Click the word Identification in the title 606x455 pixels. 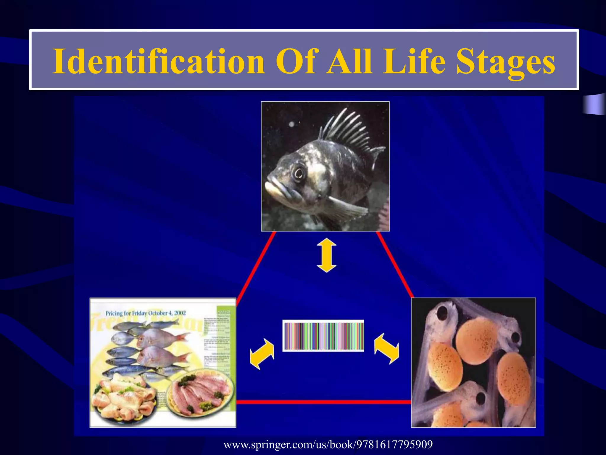coord(158,61)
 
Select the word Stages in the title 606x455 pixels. coord(505,61)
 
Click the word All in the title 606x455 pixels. coord(349,61)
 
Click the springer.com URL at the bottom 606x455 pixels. coord(328,444)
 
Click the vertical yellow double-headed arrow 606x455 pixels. coord(326,255)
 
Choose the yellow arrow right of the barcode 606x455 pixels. coord(386,348)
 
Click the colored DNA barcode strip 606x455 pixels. coord(323,336)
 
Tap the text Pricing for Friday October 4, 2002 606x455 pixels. coord(146,313)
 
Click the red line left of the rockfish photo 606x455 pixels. coord(256,265)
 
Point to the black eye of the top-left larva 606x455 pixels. coord(443,312)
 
